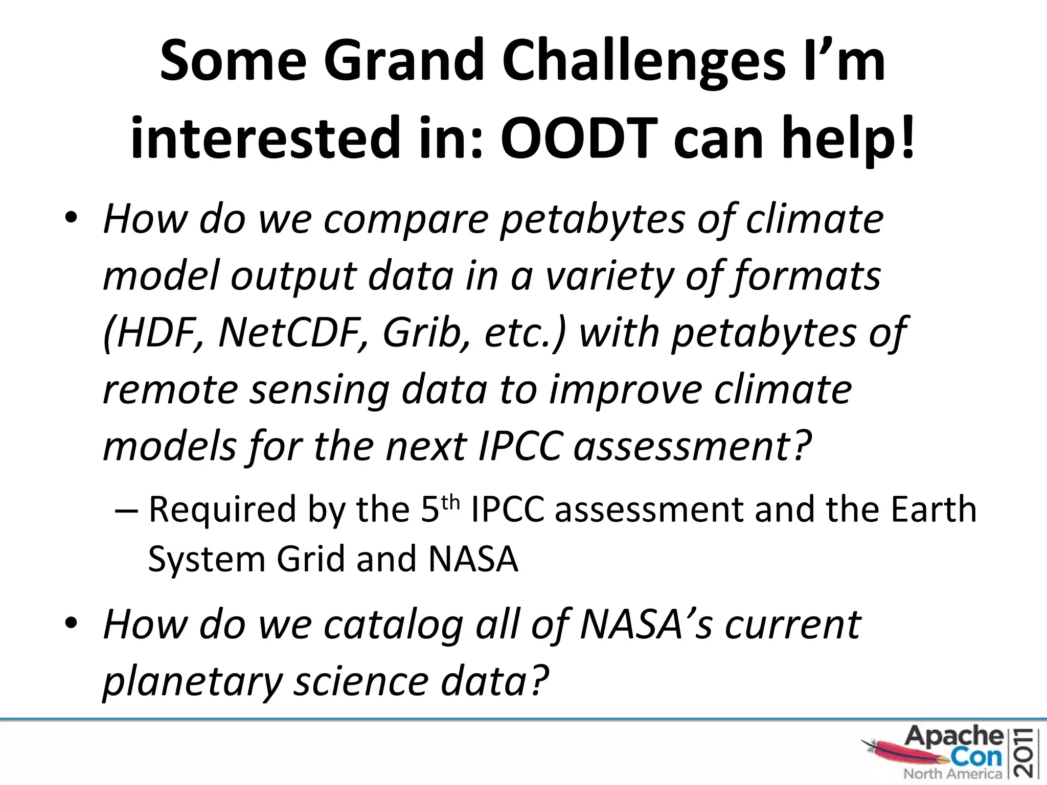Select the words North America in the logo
click(952, 774)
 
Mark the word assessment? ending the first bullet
click(693, 446)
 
